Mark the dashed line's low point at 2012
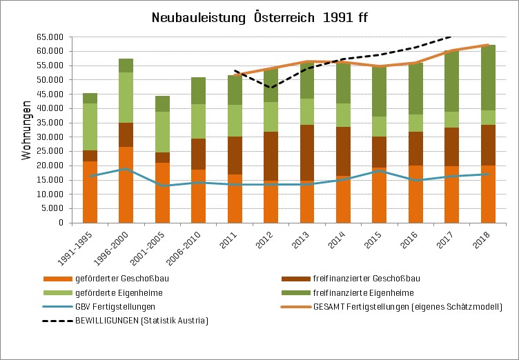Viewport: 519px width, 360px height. click(x=271, y=88)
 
